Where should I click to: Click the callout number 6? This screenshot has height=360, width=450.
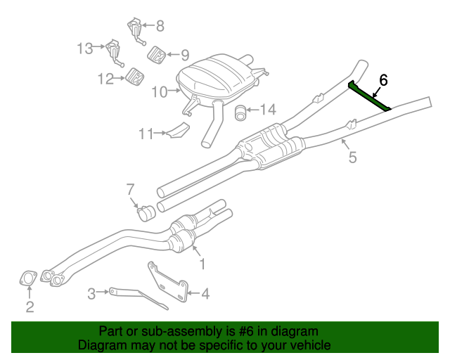tap(383, 79)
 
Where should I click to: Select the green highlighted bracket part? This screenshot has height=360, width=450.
tap(369, 96)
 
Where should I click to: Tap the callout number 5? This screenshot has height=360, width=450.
tap(352, 157)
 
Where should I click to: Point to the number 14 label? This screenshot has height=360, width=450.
tap(269, 109)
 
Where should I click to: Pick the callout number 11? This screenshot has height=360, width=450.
tap(146, 132)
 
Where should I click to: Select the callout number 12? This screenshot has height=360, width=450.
tap(105, 79)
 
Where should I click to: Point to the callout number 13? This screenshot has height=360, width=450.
tap(84, 49)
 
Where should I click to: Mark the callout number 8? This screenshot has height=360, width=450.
tap(160, 27)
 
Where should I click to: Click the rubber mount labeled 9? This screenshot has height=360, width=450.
tap(156, 53)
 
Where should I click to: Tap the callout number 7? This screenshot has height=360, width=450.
tap(129, 188)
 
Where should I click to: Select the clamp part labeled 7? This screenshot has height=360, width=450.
tap(146, 211)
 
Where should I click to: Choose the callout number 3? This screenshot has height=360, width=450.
tap(91, 293)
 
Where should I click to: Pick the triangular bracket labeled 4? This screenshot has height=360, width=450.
tap(169, 283)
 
